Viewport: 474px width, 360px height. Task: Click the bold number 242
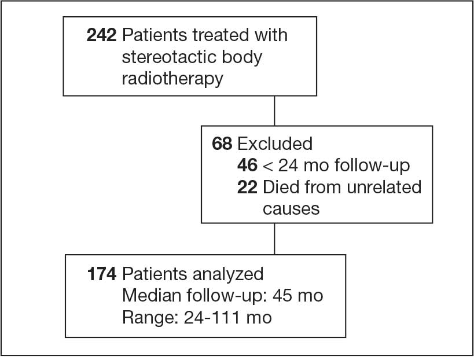tap(101, 35)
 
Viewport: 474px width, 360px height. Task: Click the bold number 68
tap(222, 144)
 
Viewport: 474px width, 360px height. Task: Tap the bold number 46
tap(247, 166)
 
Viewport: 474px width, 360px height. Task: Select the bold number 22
tap(247, 187)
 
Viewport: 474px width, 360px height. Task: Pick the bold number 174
tap(102, 274)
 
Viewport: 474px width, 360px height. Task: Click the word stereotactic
tap(170, 57)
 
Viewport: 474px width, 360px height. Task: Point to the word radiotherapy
tap(172, 79)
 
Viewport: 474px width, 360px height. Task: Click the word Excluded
tap(275, 144)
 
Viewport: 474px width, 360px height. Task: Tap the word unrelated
tap(384, 187)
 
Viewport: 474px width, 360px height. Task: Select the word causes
tap(291, 209)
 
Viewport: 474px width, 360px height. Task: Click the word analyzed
tap(228, 274)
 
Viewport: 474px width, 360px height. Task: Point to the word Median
tap(152, 295)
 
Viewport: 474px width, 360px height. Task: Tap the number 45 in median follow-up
tap(282, 296)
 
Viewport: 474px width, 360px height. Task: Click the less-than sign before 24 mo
tap(267, 166)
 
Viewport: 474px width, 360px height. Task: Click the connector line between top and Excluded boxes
tap(274, 111)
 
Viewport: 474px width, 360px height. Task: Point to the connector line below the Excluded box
tap(274, 239)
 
